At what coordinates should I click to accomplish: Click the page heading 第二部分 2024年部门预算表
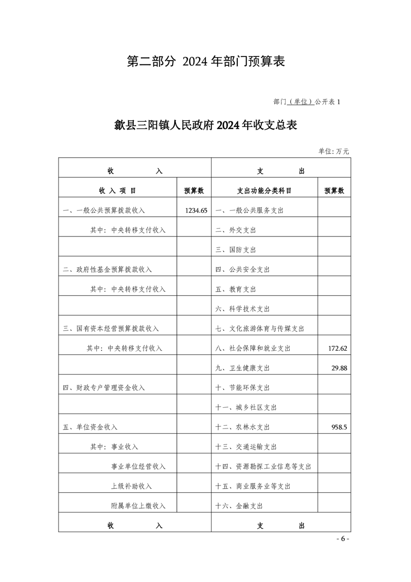(x=206, y=62)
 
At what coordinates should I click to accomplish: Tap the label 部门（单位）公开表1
(x=306, y=102)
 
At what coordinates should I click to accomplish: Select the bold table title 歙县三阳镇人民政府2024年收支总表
(x=205, y=126)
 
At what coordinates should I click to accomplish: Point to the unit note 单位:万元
(x=334, y=151)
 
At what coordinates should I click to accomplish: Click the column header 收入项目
(x=118, y=191)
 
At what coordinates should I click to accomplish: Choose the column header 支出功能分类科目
(x=264, y=191)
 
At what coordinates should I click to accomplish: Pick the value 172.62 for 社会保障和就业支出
(x=337, y=348)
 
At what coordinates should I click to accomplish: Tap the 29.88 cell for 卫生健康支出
(x=339, y=368)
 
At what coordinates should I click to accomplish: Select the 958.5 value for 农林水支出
(x=339, y=427)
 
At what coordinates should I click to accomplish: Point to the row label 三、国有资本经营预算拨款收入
(x=111, y=328)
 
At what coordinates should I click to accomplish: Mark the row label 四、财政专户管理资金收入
(x=104, y=387)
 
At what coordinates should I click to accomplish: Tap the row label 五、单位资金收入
(x=90, y=427)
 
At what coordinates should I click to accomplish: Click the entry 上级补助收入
(x=132, y=486)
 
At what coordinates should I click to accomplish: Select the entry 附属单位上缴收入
(x=138, y=506)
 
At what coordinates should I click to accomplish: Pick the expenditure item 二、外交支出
(x=236, y=230)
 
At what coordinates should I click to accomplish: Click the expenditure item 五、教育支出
(x=236, y=289)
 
